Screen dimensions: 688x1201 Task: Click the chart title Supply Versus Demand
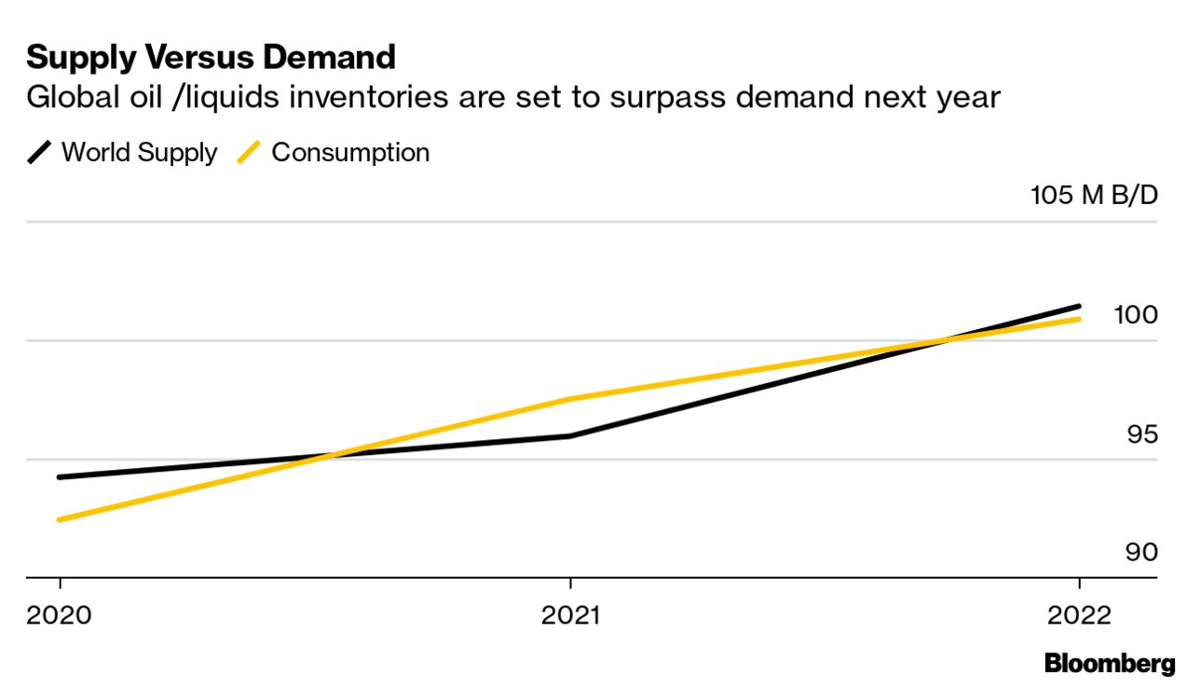coord(211,58)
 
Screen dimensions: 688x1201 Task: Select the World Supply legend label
coord(139,153)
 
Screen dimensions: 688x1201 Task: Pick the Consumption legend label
coord(350,153)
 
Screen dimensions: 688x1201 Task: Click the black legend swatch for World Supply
coord(40,153)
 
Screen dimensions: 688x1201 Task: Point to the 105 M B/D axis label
coord(1093,197)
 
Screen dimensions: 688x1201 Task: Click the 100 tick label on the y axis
coord(1136,315)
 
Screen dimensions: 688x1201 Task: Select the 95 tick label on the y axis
coord(1141,434)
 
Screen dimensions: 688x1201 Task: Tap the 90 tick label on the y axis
coord(1141,553)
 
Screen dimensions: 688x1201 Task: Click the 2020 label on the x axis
coord(60,616)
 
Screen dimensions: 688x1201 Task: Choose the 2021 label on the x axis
coord(570,616)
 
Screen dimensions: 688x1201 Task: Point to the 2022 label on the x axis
coord(1079,616)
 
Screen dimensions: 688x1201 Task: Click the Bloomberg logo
coord(1110,664)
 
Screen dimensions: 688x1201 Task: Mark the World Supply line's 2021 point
coord(570,435)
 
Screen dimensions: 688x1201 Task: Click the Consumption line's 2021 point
coord(570,399)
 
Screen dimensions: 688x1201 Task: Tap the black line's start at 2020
coord(60,476)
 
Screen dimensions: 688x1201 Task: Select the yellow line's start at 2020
coord(60,519)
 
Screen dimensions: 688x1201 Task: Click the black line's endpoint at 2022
coord(1078,306)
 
